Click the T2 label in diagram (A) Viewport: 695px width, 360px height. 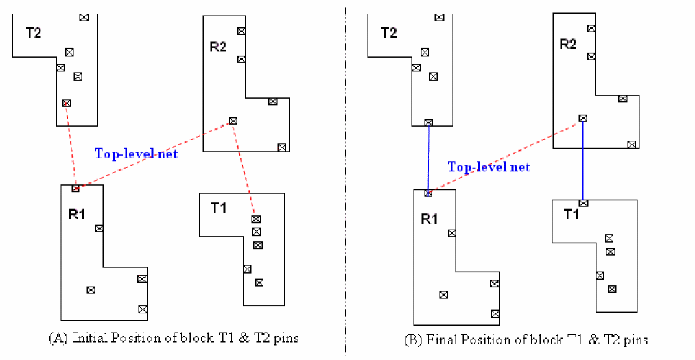(x=34, y=33)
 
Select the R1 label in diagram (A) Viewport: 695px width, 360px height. (x=77, y=214)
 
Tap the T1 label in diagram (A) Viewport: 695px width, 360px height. (x=219, y=208)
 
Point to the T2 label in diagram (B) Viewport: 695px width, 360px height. (x=388, y=33)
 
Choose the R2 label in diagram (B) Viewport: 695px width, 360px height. (x=568, y=45)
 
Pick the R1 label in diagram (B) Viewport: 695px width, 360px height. (x=429, y=219)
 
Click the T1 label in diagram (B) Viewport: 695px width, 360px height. (x=572, y=214)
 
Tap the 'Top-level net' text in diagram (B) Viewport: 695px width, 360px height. (x=488, y=167)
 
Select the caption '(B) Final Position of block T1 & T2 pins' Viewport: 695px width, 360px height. (x=526, y=339)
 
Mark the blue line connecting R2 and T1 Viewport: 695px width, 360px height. (x=583, y=160)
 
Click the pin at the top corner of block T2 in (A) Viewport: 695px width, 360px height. (x=84, y=17)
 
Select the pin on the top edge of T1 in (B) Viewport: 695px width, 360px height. (x=583, y=203)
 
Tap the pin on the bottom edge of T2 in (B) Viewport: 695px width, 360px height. (x=429, y=123)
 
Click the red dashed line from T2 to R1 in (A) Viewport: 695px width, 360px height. (x=71, y=145)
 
